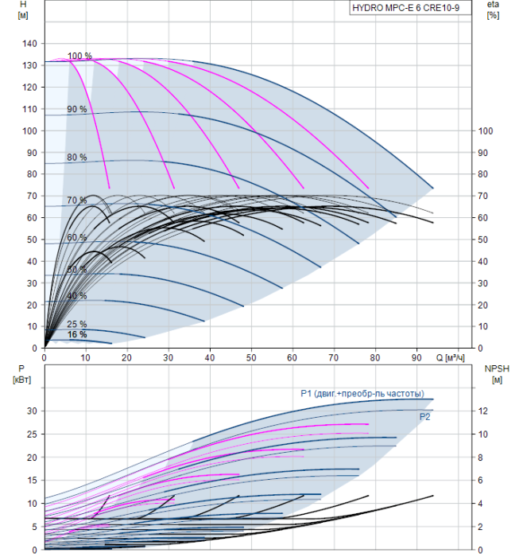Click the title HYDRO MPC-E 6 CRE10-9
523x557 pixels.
click(x=405, y=8)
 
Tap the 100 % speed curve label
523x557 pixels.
click(x=79, y=56)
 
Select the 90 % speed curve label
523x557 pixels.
click(x=77, y=109)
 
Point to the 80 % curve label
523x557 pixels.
click(x=77, y=157)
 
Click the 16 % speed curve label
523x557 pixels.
click(x=77, y=335)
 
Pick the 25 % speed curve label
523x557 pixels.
click(x=77, y=324)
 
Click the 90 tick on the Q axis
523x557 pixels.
click(x=416, y=358)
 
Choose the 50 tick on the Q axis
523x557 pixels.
click(x=251, y=358)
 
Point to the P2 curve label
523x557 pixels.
click(x=424, y=416)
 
